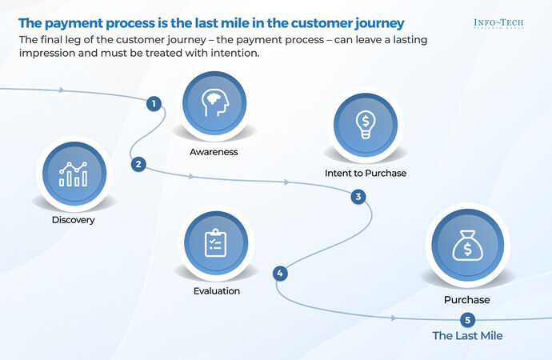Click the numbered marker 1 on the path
point(153,103)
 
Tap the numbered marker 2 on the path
point(138,164)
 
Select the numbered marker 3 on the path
point(358,196)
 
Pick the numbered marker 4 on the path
point(280,274)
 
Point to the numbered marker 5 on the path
point(468,319)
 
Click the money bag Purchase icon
point(467,246)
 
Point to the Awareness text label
point(214,152)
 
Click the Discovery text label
point(73,220)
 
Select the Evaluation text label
point(216,290)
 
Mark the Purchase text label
point(467,300)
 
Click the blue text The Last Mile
point(468,336)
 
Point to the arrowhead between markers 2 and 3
point(286,183)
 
